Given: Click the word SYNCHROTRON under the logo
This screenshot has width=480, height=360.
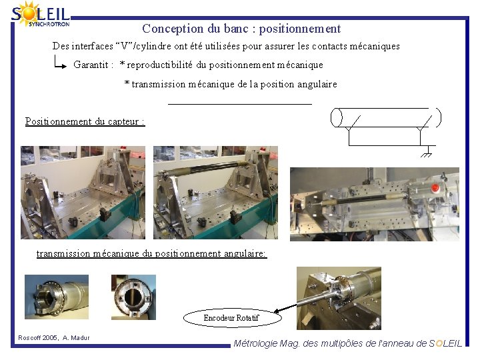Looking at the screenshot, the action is (49, 24).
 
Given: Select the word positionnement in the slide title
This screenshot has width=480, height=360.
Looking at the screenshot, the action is (300, 29).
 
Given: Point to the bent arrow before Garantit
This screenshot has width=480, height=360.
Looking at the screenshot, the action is (59, 62).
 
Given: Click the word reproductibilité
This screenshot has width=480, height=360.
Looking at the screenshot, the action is (159, 65).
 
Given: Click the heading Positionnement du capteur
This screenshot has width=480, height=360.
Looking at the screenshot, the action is (85, 121).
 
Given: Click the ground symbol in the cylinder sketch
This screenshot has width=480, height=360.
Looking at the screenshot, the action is (427, 152).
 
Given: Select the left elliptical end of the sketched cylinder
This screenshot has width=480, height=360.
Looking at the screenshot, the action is (336, 117).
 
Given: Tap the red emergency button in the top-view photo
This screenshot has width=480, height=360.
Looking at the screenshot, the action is (435, 187).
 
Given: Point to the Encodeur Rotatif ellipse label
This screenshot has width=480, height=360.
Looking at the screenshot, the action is (232, 318).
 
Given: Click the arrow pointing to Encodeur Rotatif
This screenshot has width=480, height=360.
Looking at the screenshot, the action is (285, 308).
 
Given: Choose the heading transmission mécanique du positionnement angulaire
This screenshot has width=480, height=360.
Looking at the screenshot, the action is (151, 253).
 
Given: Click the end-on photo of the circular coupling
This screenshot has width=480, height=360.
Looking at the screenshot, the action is (133, 297).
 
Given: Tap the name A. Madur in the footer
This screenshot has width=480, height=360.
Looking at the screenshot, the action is (76, 337).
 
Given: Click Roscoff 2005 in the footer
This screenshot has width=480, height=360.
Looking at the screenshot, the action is (37, 337).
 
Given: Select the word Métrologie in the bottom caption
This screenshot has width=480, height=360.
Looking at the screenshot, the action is (255, 344).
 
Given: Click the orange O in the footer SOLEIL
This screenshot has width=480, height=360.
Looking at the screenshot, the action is (439, 343).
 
